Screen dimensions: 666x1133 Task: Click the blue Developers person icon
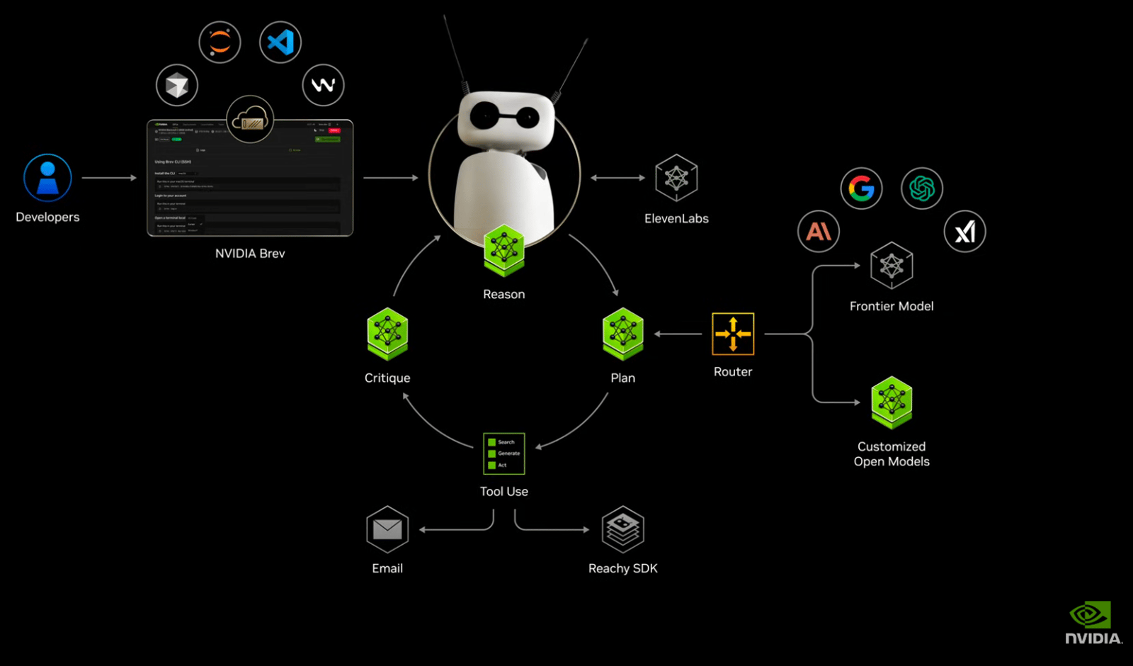point(47,178)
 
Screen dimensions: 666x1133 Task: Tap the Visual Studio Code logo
point(280,43)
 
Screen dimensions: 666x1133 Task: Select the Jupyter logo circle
point(220,43)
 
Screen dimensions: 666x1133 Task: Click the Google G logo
point(861,188)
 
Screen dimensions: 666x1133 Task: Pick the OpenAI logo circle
point(922,188)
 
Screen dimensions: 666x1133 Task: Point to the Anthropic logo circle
point(819,231)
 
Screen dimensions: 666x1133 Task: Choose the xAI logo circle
point(964,231)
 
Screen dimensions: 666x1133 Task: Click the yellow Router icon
point(733,334)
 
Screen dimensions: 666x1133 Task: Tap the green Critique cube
point(387,334)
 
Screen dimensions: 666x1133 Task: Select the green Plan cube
point(623,334)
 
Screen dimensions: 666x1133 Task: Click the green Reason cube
point(504,250)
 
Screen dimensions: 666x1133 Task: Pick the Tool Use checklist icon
point(504,453)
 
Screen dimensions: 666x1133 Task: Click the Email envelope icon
point(387,529)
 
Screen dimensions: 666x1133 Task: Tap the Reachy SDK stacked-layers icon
point(623,529)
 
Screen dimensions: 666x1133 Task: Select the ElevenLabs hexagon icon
point(676,178)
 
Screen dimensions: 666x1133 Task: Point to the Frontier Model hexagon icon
point(892,266)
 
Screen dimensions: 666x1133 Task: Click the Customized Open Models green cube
point(892,402)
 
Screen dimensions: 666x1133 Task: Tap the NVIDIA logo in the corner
point(1093,623)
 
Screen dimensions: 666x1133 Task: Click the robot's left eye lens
point(485,115)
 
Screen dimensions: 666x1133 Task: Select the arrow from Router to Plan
point(678,334)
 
